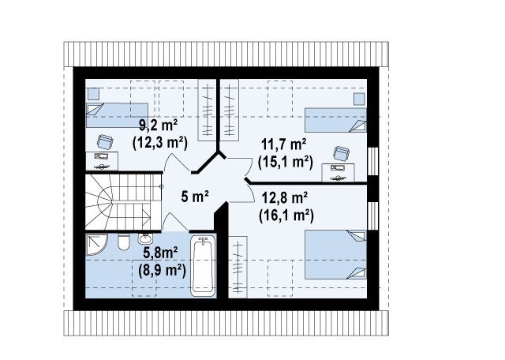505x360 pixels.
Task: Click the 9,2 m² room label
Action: point(158,125)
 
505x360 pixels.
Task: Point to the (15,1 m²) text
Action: point(286,162)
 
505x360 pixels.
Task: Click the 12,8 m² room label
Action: point(284,197)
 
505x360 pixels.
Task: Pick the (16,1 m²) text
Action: point(286,216)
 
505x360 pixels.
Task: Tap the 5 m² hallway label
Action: point(195,197)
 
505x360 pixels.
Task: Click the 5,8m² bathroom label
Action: point(160,253)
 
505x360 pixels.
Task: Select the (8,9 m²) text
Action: point(162,271)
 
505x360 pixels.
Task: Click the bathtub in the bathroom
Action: point(203,265)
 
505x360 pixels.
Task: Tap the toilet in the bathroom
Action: point(123,242)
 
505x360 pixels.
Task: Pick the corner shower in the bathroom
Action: point(96,245)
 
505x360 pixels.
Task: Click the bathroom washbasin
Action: point(145,239)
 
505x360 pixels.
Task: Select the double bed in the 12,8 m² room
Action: point(335,254)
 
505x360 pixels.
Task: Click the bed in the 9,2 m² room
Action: point(117,115)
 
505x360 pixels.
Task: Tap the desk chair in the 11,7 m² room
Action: point(341,153)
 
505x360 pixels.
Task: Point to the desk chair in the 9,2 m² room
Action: point(105,142)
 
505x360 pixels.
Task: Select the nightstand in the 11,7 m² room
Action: point(359,99)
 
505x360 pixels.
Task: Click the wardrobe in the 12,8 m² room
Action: point(238,267)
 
